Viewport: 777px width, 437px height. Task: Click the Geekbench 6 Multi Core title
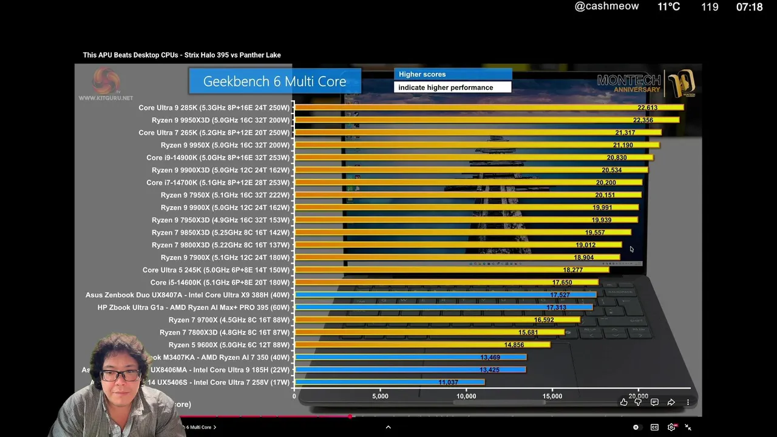tap(274, 81)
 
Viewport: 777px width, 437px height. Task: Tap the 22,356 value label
tap(643, 120)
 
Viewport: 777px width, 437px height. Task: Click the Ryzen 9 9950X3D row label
tap(220, 120)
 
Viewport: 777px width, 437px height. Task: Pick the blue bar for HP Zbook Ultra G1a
tap(443, 308)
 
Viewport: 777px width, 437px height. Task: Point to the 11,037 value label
tap(448, 382)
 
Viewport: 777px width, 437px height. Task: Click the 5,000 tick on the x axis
tap(380, 396)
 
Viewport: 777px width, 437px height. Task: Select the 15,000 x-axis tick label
tap(552, 396)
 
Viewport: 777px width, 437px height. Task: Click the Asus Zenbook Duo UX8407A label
tap(188, 295)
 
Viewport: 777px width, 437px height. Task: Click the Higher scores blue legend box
tap(452, 74)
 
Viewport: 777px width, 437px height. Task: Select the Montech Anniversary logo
tap(646, 84)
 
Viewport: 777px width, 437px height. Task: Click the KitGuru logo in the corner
tap(106, 85)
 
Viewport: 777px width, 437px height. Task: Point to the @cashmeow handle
tap(606, 7)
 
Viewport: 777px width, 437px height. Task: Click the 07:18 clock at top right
tap(749, 7)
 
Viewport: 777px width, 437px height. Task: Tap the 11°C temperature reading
tap(668, 7)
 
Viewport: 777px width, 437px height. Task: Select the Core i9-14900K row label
tap(218, 158)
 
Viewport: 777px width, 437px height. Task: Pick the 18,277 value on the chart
tap(572, 270)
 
